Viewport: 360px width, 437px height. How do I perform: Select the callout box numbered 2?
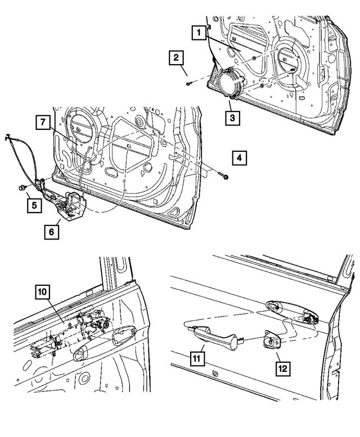click(177, 58)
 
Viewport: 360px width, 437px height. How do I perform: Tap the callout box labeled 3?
click(231, 118)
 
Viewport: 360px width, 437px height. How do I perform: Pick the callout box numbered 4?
click(239, 159)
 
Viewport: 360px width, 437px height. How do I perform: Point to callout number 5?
click(34, 206)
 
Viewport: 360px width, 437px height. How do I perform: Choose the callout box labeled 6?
click(51, 231)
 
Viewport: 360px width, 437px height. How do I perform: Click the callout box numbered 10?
click(42, 292)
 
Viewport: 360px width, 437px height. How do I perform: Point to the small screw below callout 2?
click(188, 84)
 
